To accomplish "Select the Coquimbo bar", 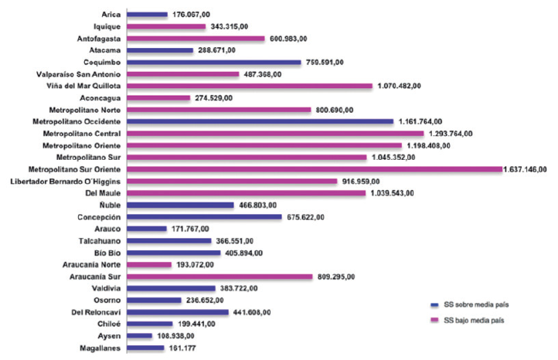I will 213,62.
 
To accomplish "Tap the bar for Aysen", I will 138,336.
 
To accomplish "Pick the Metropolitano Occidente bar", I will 260,121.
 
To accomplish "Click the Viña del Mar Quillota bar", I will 249,86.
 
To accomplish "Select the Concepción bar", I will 204,217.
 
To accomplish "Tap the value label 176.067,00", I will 192,14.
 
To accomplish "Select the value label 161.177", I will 184,348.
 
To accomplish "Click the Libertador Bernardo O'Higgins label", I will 65,182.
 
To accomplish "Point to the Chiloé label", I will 108,324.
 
